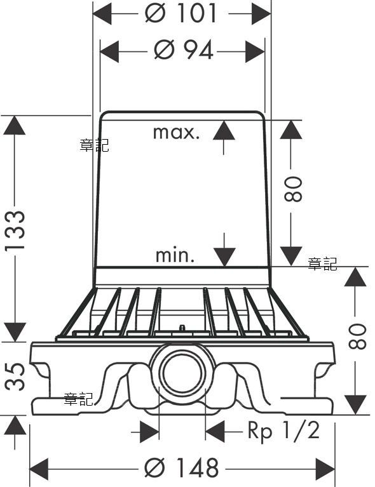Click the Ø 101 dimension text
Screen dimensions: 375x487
coord(181,13)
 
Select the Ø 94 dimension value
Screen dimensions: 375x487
coord(184,50)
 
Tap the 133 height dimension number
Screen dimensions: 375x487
coord(15,230)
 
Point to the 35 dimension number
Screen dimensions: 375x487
coord(15,376)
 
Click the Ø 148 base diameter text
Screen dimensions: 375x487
coord(182,467)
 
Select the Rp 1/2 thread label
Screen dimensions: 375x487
coord(283,431)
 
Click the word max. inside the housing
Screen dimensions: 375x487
coord(176,133)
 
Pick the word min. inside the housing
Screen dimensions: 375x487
coord(175,255)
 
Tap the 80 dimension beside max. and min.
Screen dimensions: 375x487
coord(293,189)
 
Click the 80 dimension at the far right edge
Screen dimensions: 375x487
coord(358,337)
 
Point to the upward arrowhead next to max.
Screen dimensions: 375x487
coord(224,130)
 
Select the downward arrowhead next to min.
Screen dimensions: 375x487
coord(224,257)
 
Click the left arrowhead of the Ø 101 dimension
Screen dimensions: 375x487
coord(102,13)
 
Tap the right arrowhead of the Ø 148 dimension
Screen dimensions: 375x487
coord(325,469)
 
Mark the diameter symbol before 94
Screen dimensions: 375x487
coord(165,50)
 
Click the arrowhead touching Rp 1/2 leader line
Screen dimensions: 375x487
coord(215,431)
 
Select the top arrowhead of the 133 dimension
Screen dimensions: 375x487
coord(15,125)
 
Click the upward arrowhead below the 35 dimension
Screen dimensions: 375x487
coord(15,425)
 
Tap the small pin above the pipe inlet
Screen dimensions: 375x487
coord(182,328)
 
